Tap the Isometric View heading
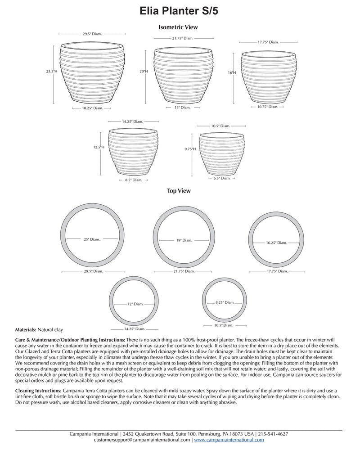pyautogui.click(x=178, y=27)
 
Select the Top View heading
pyautogui.click(x=179, y=191)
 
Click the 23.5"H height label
pyautogui.click(x=52, y=72)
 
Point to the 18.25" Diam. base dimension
pyautogui.click(x=93, y=108)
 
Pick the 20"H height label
pyautogui.click(x=144, y=72)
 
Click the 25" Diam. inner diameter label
pyautogui.click(x=91, y=239)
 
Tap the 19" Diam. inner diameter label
pyautogui.click(x=184, y=240)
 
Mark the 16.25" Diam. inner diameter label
pyautogui.click(x=276, y=243)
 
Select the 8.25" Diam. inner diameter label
pyautogui.click(x=225, y=302)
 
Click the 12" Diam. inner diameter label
pyautogui.click(x=135, y=304)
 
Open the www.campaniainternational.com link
pyautogui.click(x=229, y=440)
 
